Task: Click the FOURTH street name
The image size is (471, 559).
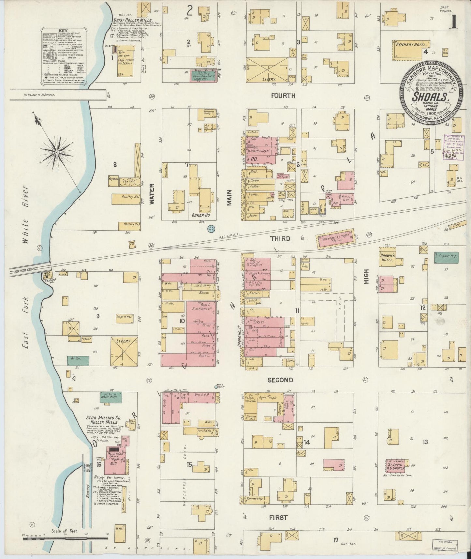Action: click(x=283, y=96)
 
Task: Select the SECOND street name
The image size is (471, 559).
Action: click(x=280, y=380)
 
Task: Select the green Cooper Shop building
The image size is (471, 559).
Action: click(x=446, y=256)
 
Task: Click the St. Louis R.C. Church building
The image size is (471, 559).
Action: click(x=395, y=466)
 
